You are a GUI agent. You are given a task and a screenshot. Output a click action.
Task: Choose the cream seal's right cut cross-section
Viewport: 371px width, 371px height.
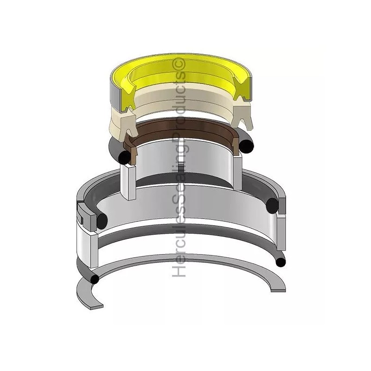coord(242,116)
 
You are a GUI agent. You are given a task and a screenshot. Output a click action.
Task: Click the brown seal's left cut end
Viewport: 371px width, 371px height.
coord(131,152)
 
